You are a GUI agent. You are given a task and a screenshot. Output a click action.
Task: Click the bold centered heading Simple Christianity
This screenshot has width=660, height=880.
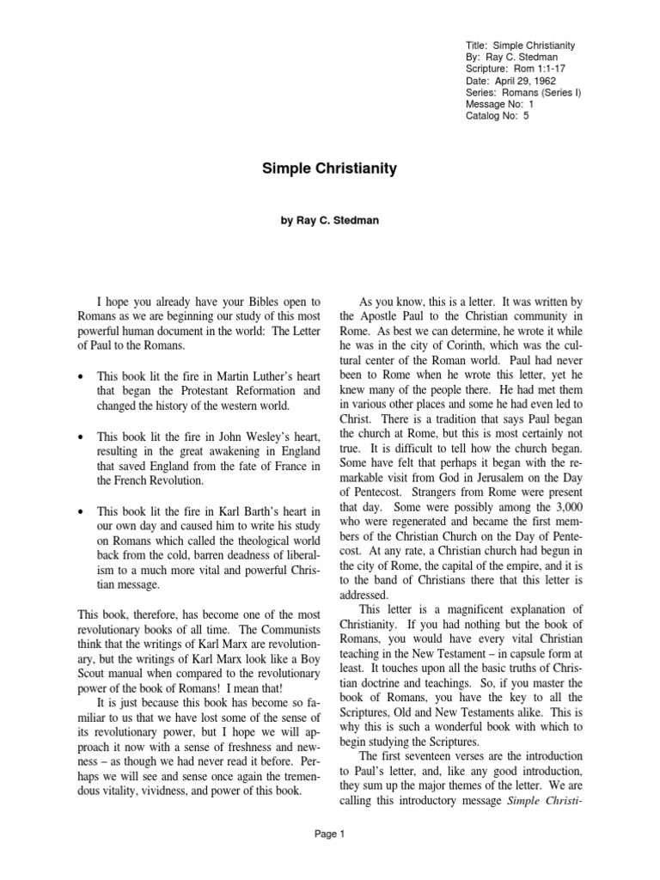329,168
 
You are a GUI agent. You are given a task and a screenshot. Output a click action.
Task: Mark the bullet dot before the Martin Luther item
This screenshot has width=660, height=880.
81,375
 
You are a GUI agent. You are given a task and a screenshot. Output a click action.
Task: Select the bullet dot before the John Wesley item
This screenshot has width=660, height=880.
81,437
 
